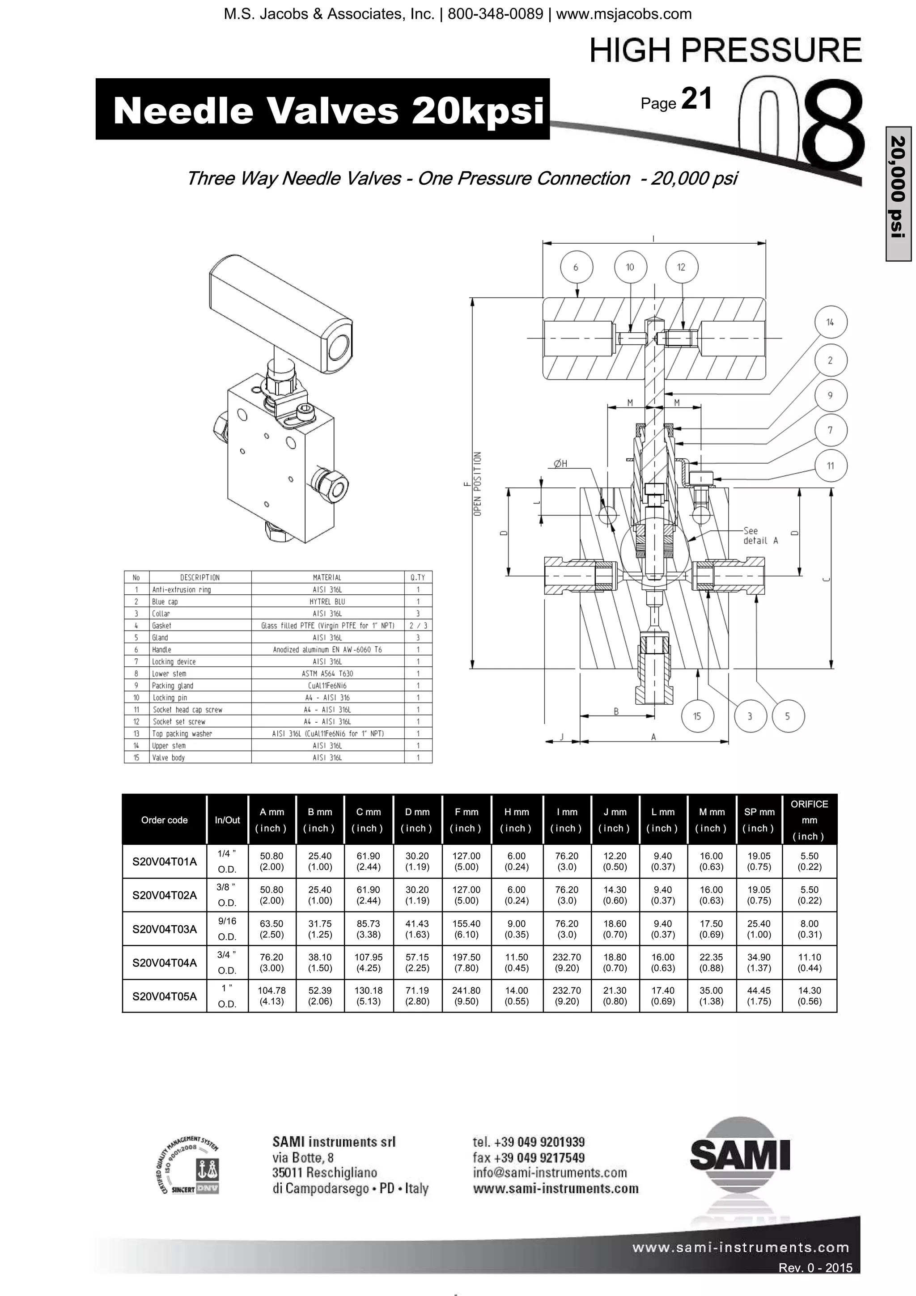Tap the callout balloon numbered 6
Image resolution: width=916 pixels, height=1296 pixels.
pyautogui.click(x=576, y=267)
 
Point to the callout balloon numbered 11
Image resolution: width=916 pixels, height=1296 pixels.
pyautogui.click(x=830, y=466)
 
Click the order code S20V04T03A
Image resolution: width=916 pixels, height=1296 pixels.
pyautogui.click(x=164, y=928)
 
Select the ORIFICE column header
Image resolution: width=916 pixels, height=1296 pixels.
pyautogui.click(x=809, y=820)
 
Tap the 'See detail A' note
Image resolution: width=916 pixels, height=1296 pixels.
pyautogui.click(x=760, y=535)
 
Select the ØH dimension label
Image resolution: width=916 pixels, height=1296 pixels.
pyautogui.click(x=560, y=463)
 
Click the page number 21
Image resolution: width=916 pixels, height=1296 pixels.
pyautogui.click(x=696, y=99)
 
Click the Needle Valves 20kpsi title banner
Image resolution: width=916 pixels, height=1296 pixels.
pyautogui.click(x=322, y=109)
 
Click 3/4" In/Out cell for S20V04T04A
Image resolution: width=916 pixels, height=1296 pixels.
pyautogui.click(x=227, y=962)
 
